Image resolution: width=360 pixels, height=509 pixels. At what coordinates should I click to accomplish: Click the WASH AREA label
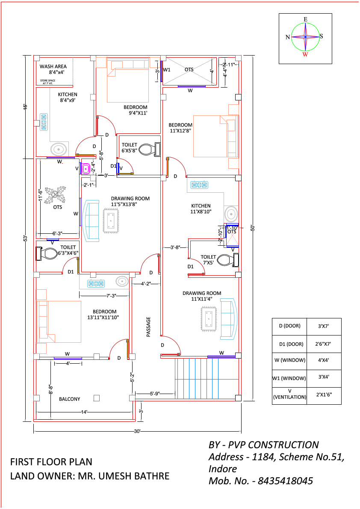pyautogui.click(x=53, y=67)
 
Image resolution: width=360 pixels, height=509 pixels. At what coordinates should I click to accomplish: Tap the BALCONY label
pyautogui.click(x=69, y=399)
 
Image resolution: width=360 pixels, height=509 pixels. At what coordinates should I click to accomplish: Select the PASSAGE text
pyautogui.click(x=149, y=327)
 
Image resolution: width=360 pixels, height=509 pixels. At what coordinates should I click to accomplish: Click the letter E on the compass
pyautogui.click(x=305, y=19)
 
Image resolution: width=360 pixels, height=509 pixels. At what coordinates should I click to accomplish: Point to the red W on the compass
pyautogui.click(x=305, y=54)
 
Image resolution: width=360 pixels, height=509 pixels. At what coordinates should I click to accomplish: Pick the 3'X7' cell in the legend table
pyautogui.click(x=324, y=326)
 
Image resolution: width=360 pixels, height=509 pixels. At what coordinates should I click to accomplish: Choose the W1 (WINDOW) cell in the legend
pyautogui.click(x=289, y=378)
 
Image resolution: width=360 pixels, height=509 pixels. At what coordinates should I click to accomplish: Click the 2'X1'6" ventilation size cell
pyautogui.click(x=324, y=396)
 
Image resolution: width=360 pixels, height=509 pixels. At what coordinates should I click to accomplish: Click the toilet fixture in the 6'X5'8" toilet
pyautogui.click(x=150, y=150)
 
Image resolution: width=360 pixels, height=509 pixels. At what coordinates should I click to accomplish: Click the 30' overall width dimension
pyautogui.click(x=137, y=432)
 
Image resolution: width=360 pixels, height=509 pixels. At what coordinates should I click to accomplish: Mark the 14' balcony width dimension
pyautogui.click(x=84, y=412)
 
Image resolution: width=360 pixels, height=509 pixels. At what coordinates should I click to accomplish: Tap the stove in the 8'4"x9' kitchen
pyautogui.click(x=44, y=122)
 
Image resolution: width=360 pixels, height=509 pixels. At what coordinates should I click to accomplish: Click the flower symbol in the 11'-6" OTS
pyautogui.click(x=56, y=195)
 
